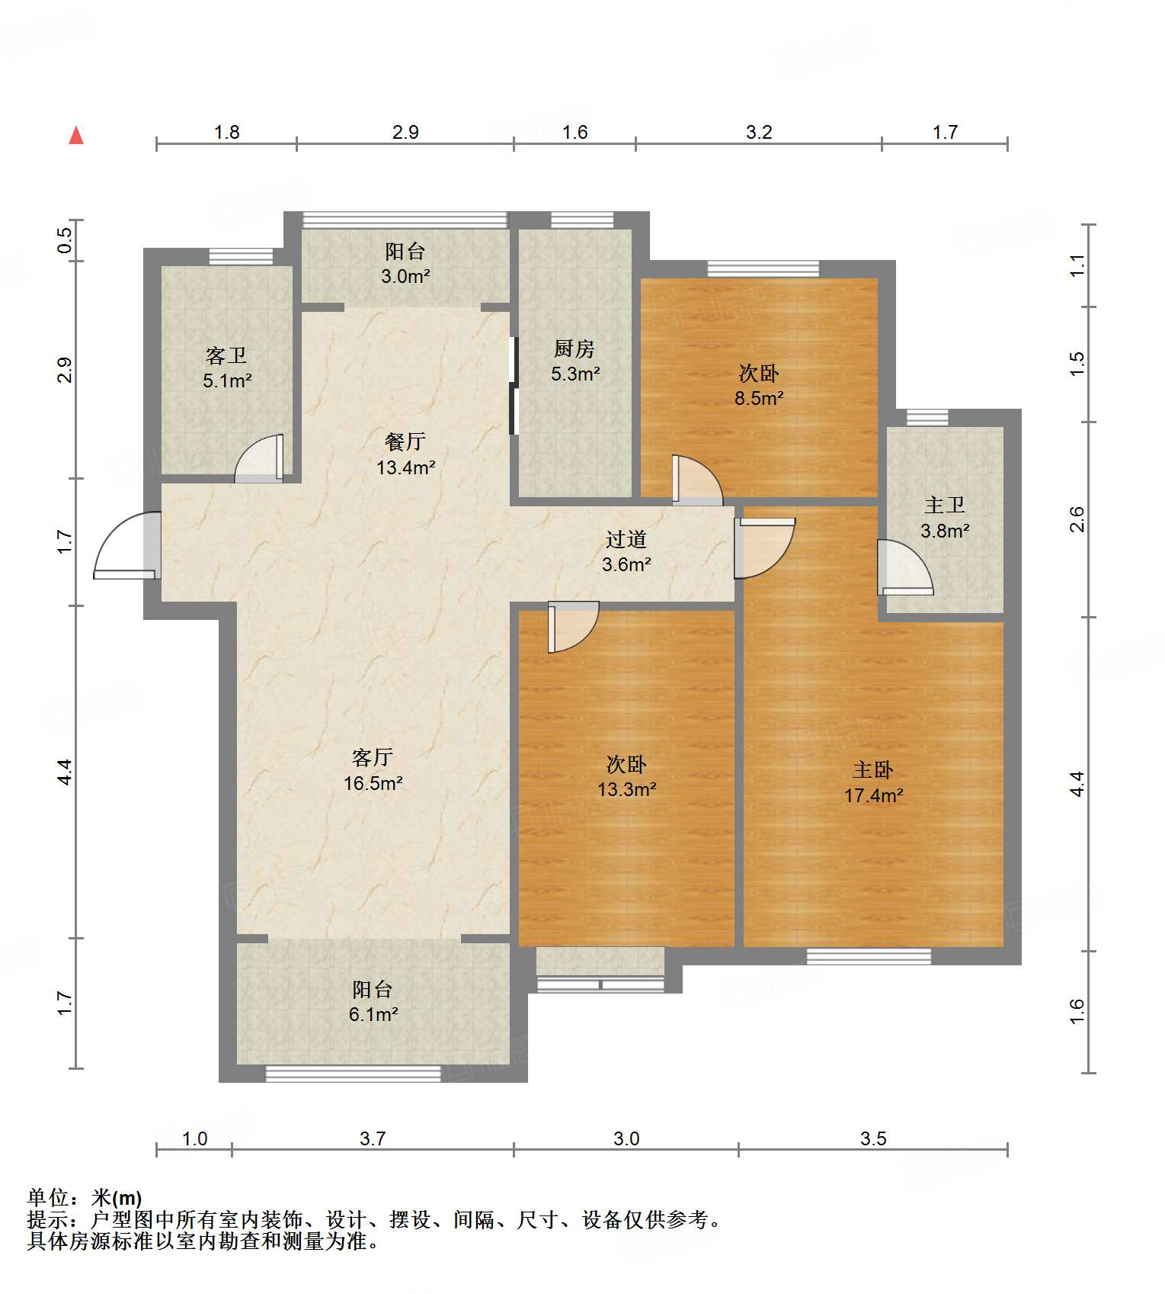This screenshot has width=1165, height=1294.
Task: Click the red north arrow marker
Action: [76, 135]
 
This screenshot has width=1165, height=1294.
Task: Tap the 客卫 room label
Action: [226, 355]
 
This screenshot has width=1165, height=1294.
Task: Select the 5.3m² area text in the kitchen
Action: [575, 374]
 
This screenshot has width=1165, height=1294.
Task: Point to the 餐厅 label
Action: [405, 441]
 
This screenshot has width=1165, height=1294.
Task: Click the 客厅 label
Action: [373, 757]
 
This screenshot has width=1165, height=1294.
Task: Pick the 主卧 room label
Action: [873, 769]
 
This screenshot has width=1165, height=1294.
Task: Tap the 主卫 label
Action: [945, 505]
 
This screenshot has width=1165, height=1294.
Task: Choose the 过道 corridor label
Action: [626, 539]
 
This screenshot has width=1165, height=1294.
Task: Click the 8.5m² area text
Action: [759, 398]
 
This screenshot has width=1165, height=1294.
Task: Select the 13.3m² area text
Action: [626, 789]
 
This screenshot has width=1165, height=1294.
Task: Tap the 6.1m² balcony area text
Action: [373, 1014]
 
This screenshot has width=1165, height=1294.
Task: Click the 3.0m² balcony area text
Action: [405, 276]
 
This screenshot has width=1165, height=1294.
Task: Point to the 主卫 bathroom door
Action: [904, 567]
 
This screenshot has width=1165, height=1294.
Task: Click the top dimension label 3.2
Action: [759, 132]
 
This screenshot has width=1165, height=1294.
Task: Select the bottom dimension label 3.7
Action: [373, 1138]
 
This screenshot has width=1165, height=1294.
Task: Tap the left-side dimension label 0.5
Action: [66, 240]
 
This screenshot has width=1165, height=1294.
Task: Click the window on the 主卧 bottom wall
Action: [869, 956]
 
